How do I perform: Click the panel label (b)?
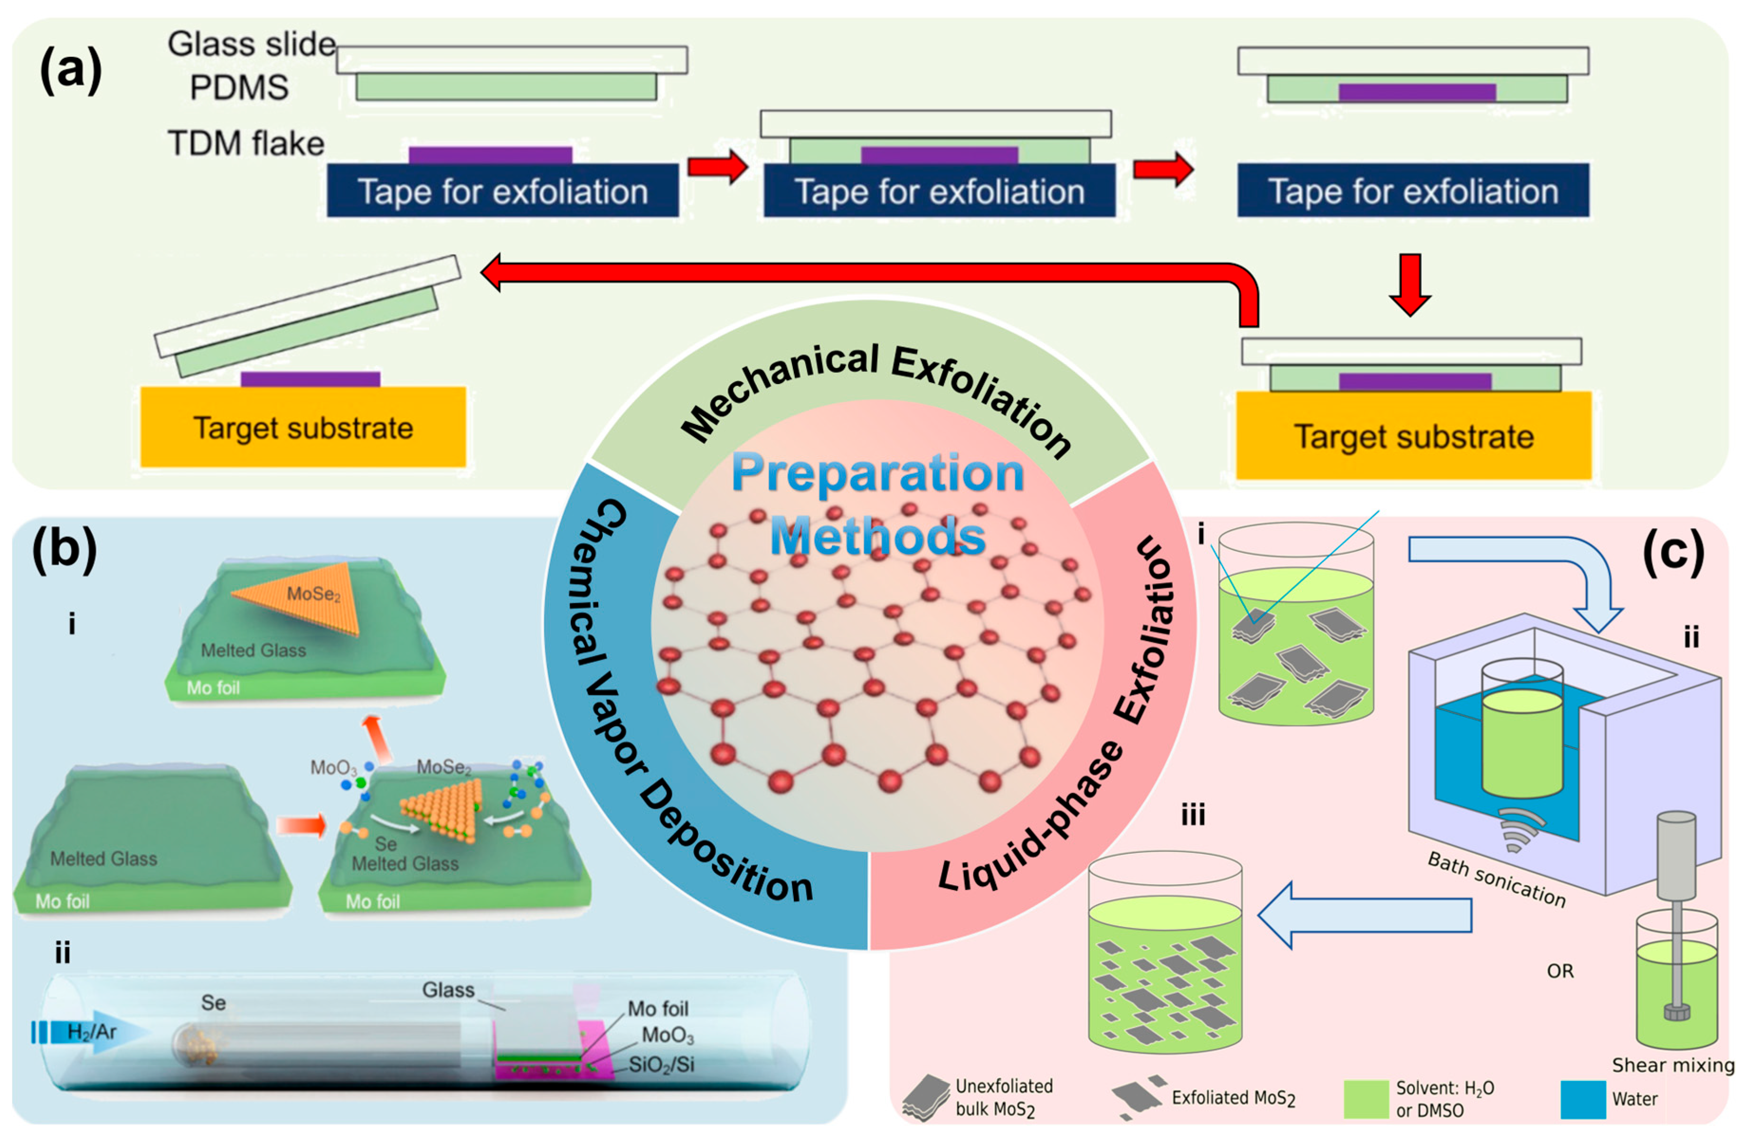[64, 550]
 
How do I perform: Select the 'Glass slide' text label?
[251, 44]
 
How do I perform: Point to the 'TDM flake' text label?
[246, 143]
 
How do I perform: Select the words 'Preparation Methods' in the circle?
[878, 504]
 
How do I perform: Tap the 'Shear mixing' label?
[1672, 1065]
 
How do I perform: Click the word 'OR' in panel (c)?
[1560, 971]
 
